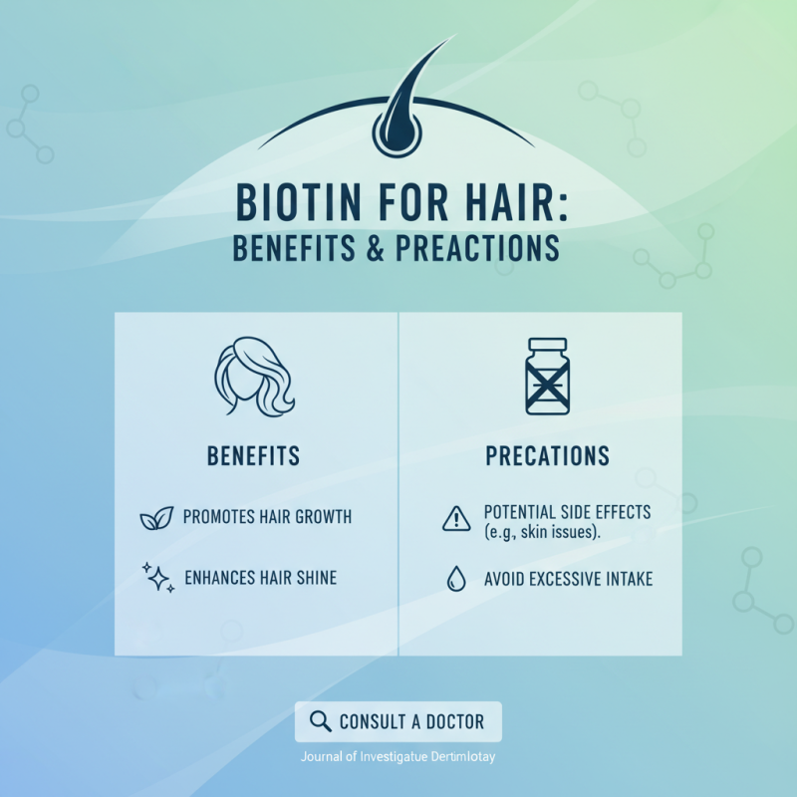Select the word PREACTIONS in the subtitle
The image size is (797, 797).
477,247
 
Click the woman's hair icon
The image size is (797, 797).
255,378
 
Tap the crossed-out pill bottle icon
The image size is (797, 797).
547,377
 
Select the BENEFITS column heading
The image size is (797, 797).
254,456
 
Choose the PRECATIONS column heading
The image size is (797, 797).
547,456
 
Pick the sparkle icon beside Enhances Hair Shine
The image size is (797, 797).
157,577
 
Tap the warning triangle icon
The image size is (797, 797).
454,518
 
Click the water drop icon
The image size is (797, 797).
456,580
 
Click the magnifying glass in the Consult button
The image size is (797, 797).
320,721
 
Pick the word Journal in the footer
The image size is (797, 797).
323,756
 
